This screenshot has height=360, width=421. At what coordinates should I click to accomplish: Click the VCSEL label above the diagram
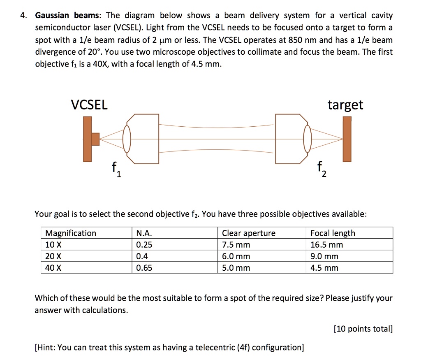tap(89, 105)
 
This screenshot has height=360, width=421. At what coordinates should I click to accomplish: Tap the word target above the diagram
tap(345, 105)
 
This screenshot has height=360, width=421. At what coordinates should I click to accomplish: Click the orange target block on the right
tap(347, 139)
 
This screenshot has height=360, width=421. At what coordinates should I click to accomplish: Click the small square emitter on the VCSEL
tap(95, 139)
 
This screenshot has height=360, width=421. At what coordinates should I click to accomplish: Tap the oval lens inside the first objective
tap(127, 139)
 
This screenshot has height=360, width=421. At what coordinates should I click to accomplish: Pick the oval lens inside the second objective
tap(307, 139)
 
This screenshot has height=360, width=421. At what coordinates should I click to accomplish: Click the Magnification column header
tap(71, 233)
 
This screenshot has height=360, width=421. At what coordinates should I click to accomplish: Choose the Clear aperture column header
tap(249, 233)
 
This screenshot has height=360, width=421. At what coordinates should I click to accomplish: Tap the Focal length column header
tap(333, 233)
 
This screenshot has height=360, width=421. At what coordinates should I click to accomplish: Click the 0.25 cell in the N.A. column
tap(144, 245)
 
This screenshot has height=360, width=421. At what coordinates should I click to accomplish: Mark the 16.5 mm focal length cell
tap(326, 245)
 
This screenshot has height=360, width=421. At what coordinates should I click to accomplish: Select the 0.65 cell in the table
tap(144, 268)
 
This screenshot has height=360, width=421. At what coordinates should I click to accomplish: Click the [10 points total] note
tap(363, 329)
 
